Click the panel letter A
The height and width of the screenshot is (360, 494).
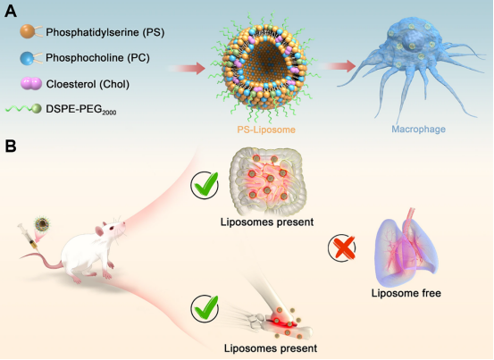tap(11, 12)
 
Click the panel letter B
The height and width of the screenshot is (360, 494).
tap(11, 147)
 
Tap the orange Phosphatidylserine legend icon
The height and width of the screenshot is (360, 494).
tap(31, 32)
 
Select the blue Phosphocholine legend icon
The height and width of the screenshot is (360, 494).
tap(31, 58)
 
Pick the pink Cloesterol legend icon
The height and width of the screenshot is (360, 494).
tap(31, 84)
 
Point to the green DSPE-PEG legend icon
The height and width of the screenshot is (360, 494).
tap(23, 109)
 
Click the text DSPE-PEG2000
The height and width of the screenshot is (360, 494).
tap(81, 110)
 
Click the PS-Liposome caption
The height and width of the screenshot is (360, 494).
tap(266, 130)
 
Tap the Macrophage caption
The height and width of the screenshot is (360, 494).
tap(418, 129)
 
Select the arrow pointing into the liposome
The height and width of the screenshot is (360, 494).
tap(187, 69)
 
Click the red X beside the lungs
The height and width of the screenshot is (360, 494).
tap(342, 247)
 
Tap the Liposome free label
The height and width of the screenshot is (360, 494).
tap(406, 293)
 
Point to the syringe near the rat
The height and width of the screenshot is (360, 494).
tap(28, 239)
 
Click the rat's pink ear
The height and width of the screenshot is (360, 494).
tap(99, 231)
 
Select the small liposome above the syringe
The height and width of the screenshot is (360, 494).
tap(42, 224)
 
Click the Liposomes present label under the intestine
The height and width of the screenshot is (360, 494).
tap(267, 222)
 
